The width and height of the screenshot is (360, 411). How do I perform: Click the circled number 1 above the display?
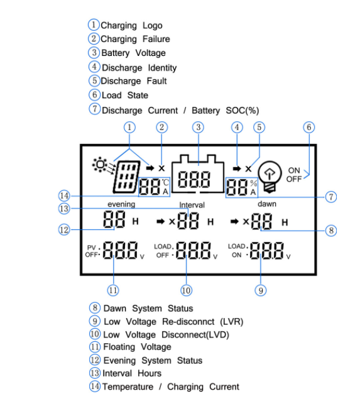click(x=129, y=127)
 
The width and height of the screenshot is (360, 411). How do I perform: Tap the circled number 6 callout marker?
click(x=308, y=127)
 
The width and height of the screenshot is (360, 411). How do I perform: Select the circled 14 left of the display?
click(x=62, y=195)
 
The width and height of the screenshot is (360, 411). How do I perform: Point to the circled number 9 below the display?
click(x=261, y=290)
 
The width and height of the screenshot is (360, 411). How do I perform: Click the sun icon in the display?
click(x=100, y=165)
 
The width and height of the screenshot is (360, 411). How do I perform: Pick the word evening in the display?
click(x=121, y=204)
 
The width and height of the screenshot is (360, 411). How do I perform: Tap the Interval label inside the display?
click(x=192, y=205)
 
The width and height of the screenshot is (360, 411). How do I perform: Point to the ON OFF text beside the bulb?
click(x=294, y=174)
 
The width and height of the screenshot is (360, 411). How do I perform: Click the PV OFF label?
click(x=92, y=251)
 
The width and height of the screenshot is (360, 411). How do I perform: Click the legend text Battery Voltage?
click(x=133, y=53)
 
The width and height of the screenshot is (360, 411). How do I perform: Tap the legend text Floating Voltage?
click(x=137, y=347)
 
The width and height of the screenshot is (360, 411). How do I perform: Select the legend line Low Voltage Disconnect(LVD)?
click(x=158, y=334)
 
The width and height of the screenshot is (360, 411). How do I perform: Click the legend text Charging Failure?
click(x=135, y=39)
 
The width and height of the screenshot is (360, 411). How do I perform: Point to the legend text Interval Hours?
click(x=132, y=373)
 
